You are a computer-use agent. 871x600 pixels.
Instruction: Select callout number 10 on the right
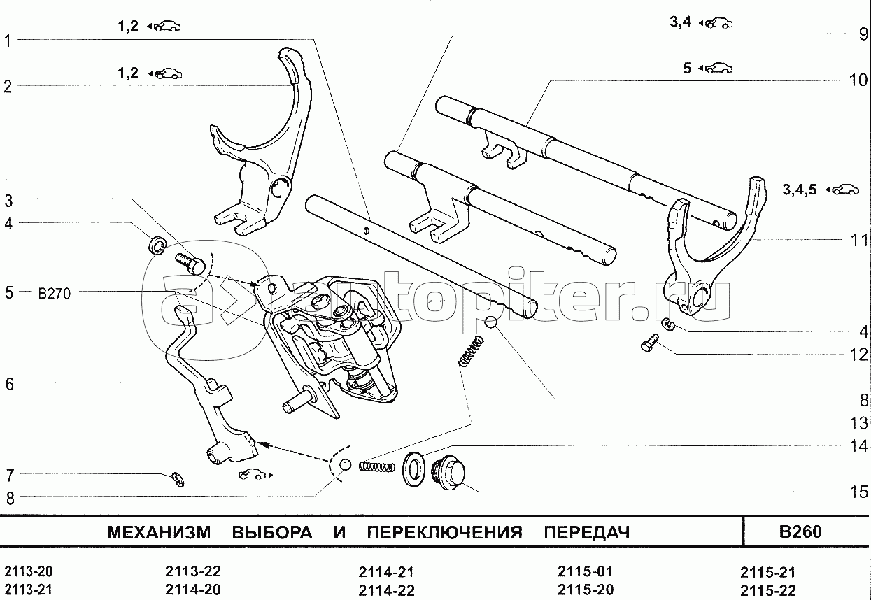(x=858, y=80)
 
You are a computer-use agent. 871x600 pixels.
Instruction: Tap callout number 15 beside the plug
(x=858, y=492)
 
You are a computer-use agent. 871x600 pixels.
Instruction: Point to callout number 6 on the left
(x=8, y=383)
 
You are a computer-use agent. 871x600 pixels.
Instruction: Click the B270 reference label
(x=54, y=294)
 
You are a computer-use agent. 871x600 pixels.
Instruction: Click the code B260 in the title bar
(x=800, y=532)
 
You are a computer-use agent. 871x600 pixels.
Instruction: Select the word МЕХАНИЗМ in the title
(x=158, y=533)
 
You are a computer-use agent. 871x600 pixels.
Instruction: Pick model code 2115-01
(x=585, y=571)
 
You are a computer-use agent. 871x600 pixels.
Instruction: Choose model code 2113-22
(x=193, y=571)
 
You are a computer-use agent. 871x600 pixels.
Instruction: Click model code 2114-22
(x=385, y=590)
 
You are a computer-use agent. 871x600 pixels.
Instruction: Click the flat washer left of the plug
(x=413, y=470)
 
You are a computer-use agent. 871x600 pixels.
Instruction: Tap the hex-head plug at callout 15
(x=448, y=473)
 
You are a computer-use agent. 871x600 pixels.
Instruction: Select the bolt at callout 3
(x=189, y=264)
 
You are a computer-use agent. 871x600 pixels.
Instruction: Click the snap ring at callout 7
(x=178, y=478)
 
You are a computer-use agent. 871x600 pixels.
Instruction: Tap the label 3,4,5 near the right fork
(x=800, y=189)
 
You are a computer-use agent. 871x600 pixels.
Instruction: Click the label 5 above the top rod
(x=687, y=68)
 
